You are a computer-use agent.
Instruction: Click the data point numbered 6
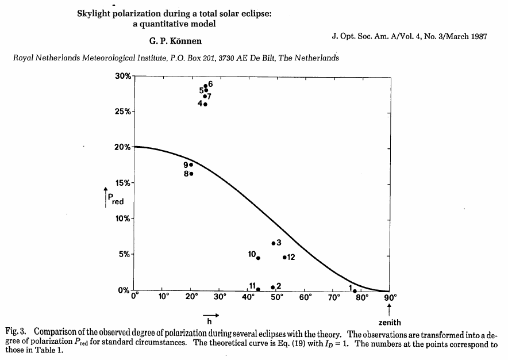pyautogui.click(x=205, y=86)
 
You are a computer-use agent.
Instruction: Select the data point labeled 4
pyautogui.click(x=205, y=104)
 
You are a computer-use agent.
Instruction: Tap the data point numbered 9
pyautogui.click(x=191, y=164)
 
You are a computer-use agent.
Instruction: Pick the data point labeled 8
pyautogui.click(x=191, y=174)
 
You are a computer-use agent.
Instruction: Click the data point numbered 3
pyautogui.click(x=273, y=243)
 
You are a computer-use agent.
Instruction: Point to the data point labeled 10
pyautogui.click(x=258, y=258)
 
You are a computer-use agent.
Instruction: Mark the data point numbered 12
pyautogui.click(x=284, y=257)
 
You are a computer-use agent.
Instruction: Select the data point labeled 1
pyautogui.click(x=355, y=290)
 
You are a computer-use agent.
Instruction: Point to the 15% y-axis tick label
pyautogui.click(x=124, y=183)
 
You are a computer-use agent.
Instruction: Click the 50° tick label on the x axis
pyautogui.click(x=277, y=298)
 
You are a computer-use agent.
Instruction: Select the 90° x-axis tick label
pyautogui.click(x=391, y=298)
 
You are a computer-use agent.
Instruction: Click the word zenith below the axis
pyautogui.click(x=390, y=323)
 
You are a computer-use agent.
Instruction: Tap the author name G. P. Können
pyautogui.click(x=175, y=41)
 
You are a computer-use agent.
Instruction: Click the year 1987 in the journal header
pyautogui.click(x=477, y=36)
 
